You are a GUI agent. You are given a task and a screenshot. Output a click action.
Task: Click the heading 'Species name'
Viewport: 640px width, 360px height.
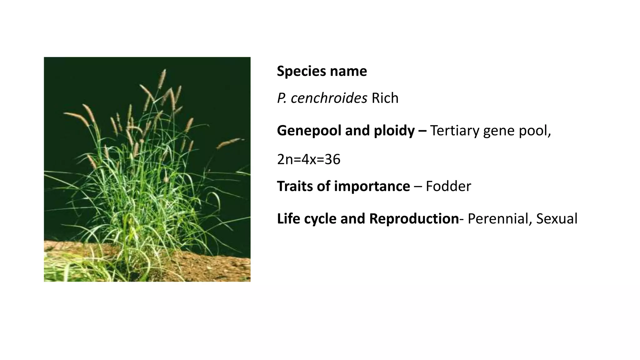322,71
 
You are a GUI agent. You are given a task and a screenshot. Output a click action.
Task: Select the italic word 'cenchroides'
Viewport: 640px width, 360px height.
328,98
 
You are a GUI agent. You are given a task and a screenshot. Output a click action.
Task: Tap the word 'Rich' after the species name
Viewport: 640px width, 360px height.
385,98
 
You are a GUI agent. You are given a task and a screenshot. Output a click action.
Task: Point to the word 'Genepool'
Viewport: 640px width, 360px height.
309,131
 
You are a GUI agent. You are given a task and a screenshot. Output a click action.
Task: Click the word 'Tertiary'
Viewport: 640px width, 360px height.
455,131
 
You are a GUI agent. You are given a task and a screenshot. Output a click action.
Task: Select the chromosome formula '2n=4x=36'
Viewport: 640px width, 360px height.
308,159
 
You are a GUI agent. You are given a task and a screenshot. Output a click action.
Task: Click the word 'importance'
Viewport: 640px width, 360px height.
372,186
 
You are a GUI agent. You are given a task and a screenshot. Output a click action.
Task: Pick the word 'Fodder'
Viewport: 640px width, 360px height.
448,186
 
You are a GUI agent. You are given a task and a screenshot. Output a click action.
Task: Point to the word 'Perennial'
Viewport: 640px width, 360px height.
500,219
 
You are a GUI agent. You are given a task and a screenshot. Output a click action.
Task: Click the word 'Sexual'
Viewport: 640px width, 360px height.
557,219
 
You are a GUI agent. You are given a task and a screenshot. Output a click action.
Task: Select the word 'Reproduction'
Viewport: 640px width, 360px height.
414,219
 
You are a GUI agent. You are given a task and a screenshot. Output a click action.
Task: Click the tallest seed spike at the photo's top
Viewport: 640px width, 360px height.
162,78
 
